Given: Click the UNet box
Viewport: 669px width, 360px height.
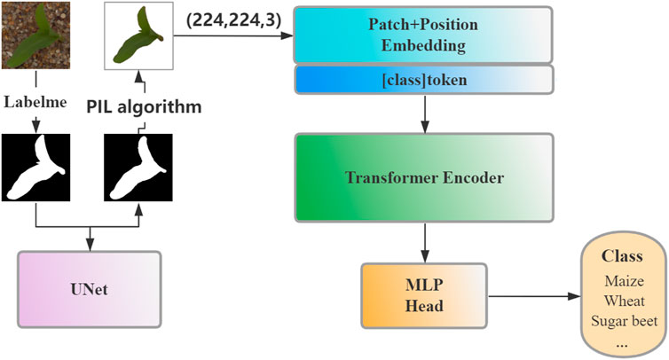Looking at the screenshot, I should (x=89, y=290).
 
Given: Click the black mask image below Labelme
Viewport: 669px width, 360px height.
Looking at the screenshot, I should (x=35, y=168).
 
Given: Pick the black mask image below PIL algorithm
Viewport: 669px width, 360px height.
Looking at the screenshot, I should (x=138, y=168).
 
